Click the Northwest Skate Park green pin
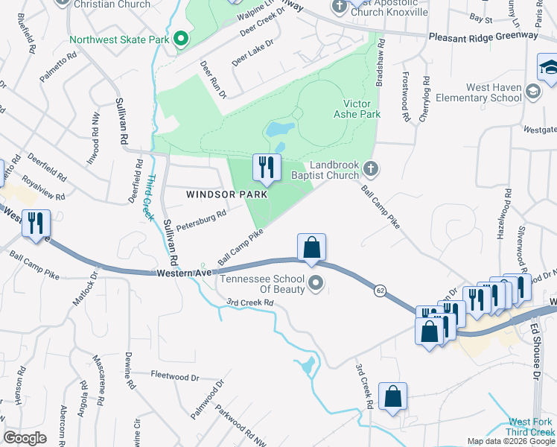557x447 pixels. tap(179, 39)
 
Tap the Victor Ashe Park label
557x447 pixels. tap(362, 109)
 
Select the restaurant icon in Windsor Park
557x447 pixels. tap(266, 169)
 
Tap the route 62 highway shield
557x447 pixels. tap(381, 290)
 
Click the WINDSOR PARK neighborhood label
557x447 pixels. tap(221, 194)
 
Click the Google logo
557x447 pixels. tap(25, 437)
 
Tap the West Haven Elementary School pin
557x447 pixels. tap(532, 92)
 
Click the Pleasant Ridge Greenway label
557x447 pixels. tap(483, 36)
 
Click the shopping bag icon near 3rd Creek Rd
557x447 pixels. tap(392, 398)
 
